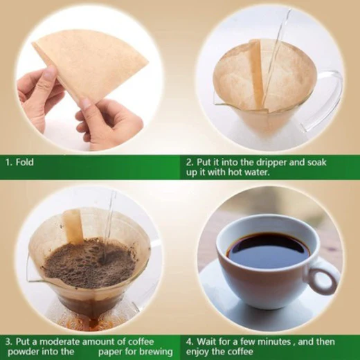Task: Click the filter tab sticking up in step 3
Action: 73,226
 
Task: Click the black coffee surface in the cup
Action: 267,250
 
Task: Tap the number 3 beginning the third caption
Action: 8,341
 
